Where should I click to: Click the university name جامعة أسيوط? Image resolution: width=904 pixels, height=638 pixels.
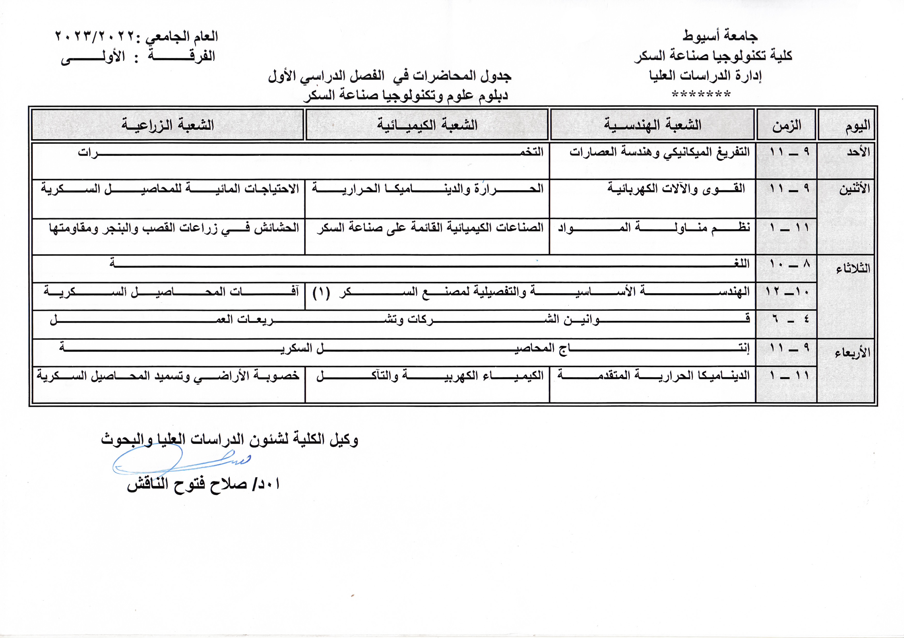pos(720,36)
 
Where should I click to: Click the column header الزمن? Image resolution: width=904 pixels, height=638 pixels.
pos(786,125)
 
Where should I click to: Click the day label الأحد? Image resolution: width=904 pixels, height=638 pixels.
pos(858,152)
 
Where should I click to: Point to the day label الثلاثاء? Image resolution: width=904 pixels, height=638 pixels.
pos(853,269)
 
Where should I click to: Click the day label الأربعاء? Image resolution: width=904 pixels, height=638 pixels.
pos(852,353)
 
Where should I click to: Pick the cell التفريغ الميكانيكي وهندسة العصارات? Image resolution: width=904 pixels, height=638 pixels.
pos(659,152)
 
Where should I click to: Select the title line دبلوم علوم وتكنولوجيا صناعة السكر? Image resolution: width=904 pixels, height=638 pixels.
pos(406,95)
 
